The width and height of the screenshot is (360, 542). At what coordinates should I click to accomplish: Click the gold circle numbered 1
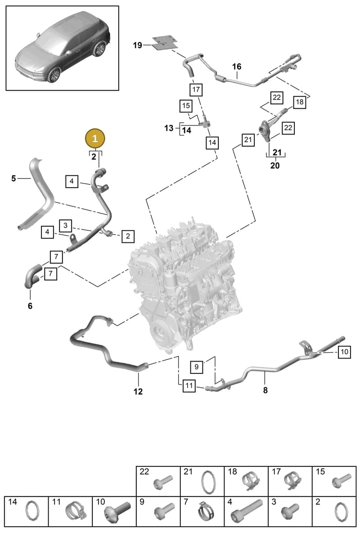[95, 138]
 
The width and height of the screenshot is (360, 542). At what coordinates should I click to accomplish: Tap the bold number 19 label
[138, 45]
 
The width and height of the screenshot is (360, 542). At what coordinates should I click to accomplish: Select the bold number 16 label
[237, 67]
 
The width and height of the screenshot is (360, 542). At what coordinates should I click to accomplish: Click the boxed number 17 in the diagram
[196, 90]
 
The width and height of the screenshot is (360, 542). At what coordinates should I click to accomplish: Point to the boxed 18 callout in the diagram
[300, 102]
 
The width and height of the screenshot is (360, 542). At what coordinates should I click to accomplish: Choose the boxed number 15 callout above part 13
[186, 106]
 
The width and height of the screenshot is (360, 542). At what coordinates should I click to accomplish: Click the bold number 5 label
[13, 179]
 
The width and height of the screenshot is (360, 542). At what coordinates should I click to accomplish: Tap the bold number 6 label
[30, 306]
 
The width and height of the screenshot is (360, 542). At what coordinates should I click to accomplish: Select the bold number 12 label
[138, 391]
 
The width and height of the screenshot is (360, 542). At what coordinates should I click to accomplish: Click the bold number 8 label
[265, 390]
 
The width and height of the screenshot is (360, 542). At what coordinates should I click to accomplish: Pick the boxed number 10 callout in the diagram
[344, 352]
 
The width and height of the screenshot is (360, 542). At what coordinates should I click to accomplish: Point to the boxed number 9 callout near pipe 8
[196, 367]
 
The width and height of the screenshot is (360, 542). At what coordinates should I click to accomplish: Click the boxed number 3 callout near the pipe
[65, 225]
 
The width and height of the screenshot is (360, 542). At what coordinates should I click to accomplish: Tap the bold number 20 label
[275, 166]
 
